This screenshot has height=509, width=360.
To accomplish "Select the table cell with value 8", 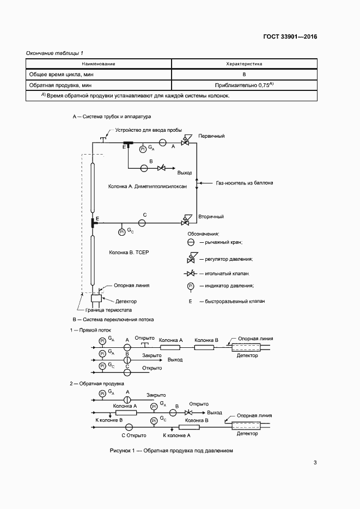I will [x=244, y=74].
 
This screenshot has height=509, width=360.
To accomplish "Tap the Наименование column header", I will [x=99, y=64].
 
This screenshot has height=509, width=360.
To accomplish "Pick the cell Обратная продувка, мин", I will [x=60, y=85].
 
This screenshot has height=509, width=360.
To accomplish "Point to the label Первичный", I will [x=212, y=136].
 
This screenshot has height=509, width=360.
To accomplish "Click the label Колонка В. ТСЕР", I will [x=129, y=253].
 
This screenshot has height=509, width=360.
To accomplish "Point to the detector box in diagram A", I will [x=96, y=299].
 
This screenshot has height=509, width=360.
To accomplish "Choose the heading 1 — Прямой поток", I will [x=90, y=330].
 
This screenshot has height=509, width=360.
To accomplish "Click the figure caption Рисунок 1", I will [x=171, y=451].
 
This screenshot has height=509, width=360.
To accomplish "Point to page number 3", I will [x=315, y=463].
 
